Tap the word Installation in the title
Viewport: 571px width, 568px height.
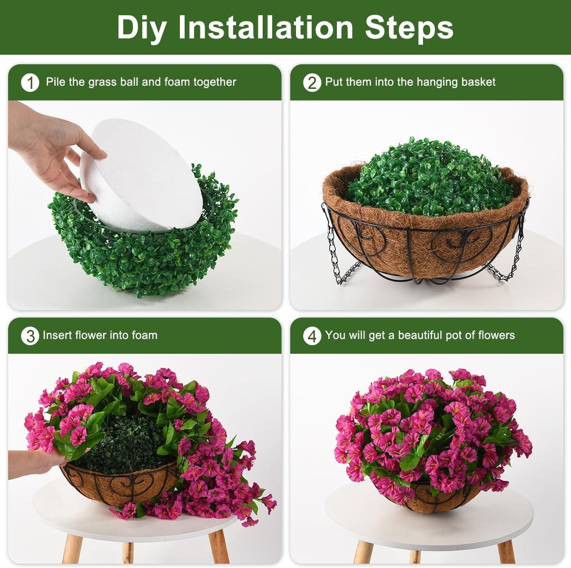click(266, 27)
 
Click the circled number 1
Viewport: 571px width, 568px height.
click(30, 83)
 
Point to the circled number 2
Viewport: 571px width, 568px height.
click(312, 83)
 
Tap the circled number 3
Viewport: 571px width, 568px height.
click(30, 336)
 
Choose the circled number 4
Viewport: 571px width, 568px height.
click(312, 336)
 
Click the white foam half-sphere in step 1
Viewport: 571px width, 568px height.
click(142, 175)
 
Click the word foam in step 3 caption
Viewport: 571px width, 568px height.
click(144, 335)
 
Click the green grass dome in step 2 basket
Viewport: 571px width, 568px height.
click(430, 178)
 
